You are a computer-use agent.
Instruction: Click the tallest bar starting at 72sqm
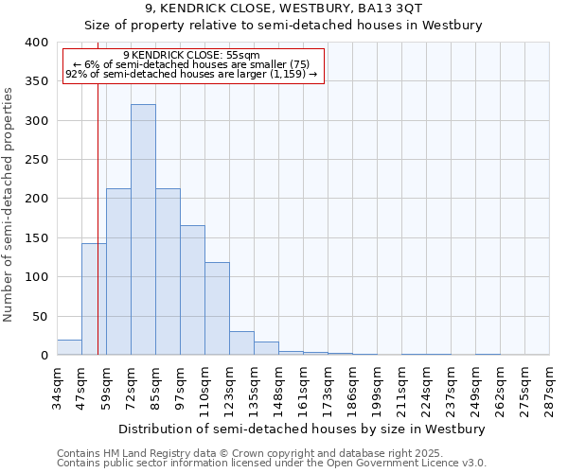click(x=143, y=230)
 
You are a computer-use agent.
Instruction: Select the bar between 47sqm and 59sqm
click(x=94, y=299)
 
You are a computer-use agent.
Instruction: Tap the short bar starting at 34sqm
click(x=69, y=347)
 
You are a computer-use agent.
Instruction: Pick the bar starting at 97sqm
click(x=192, y=290)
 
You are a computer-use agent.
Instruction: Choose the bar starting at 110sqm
click(x=217, y=308)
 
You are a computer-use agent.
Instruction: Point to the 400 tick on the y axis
click(x=36, y=43)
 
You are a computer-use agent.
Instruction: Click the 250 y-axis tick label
click(x=36, y=160)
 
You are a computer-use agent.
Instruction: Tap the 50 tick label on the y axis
click(x=40, y=317)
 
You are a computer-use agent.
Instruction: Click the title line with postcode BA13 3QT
click(x=284, y=9)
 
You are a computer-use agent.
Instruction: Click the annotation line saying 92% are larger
click(x=194, y=74)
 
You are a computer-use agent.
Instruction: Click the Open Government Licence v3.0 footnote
click(x=272, y=464)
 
